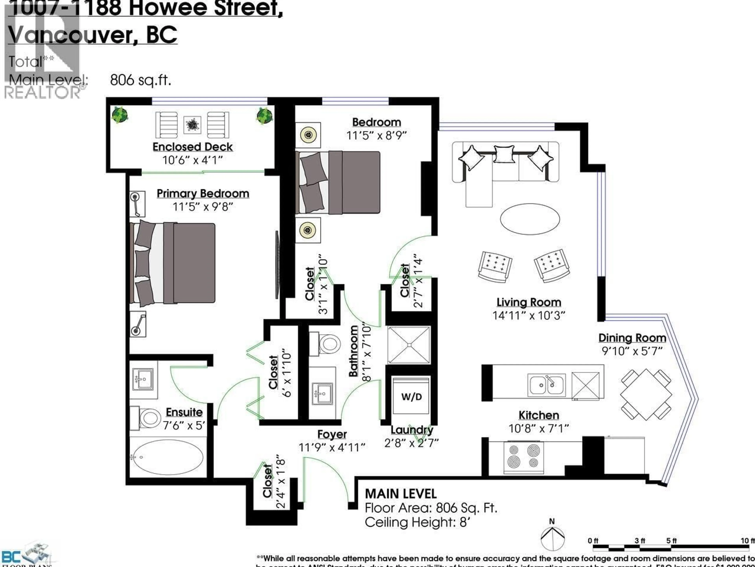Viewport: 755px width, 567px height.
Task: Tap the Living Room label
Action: click(528, 302)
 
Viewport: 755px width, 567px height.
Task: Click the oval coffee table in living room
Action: click(529, 219)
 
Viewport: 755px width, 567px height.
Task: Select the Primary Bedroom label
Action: click(203, 194)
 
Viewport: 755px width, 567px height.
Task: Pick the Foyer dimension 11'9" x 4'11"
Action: click(332, 447)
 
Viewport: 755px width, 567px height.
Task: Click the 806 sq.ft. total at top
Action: click(140, 80)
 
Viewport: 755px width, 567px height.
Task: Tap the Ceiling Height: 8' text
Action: click(417, 522)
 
